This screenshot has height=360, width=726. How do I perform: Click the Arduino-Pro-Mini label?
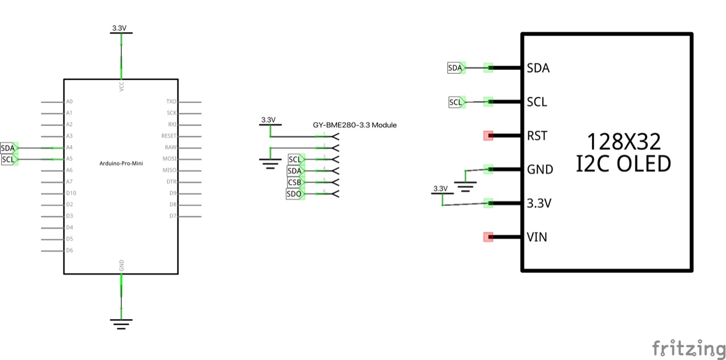click(x=121, y=163)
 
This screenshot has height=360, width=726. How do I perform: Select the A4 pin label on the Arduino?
click(x=69, y=147)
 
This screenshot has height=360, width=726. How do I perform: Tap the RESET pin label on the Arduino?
click(x=169, y=136)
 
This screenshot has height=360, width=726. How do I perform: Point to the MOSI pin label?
click(x=170, y=159)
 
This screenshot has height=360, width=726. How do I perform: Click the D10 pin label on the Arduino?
click(x=71, y=193)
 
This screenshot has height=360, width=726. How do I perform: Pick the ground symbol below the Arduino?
click(x=121, y=324)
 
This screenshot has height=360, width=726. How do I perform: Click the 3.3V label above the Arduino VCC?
click(x=121, y=28)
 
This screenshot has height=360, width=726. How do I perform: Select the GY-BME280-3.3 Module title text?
click(x=354, y=125)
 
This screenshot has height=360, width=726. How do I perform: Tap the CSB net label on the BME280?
click(x=294, y=183)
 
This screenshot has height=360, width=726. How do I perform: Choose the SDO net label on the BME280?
click(x=294, y=194)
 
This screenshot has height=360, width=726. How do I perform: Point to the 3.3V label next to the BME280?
click(x=268, y=120)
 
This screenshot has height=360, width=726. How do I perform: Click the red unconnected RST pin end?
click(x=488, y=135)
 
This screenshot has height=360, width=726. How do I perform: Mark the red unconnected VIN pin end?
click(x=488, y=237)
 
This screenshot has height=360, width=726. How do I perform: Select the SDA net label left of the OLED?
click(x=455, y=68)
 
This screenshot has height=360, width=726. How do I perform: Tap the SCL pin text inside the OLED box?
click(x=537, y=102)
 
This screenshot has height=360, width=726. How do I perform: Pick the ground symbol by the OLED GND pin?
click(x=466, y=186)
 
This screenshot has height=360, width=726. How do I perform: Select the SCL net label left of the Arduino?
click(x=8, y=160)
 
